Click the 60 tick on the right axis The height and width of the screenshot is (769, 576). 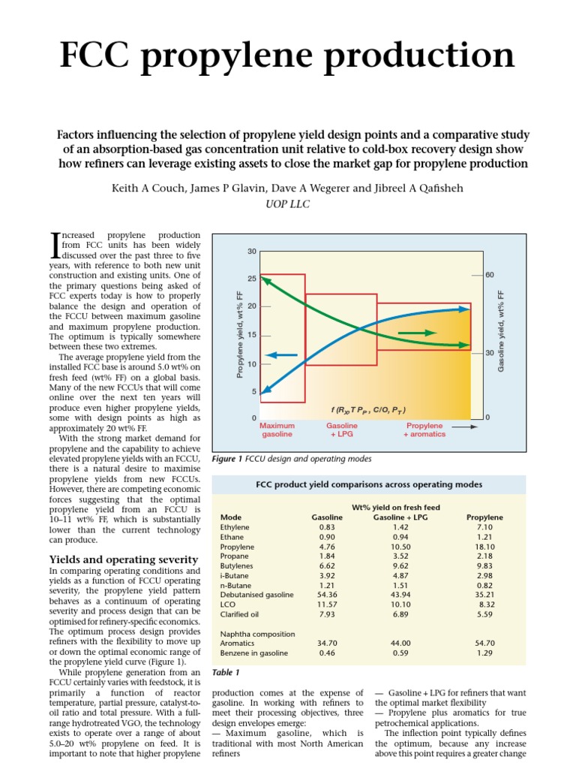(490, 276)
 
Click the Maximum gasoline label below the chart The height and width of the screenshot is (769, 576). (277, 430)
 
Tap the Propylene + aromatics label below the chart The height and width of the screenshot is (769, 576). (424, 430)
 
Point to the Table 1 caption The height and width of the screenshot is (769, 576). (226, 672)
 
